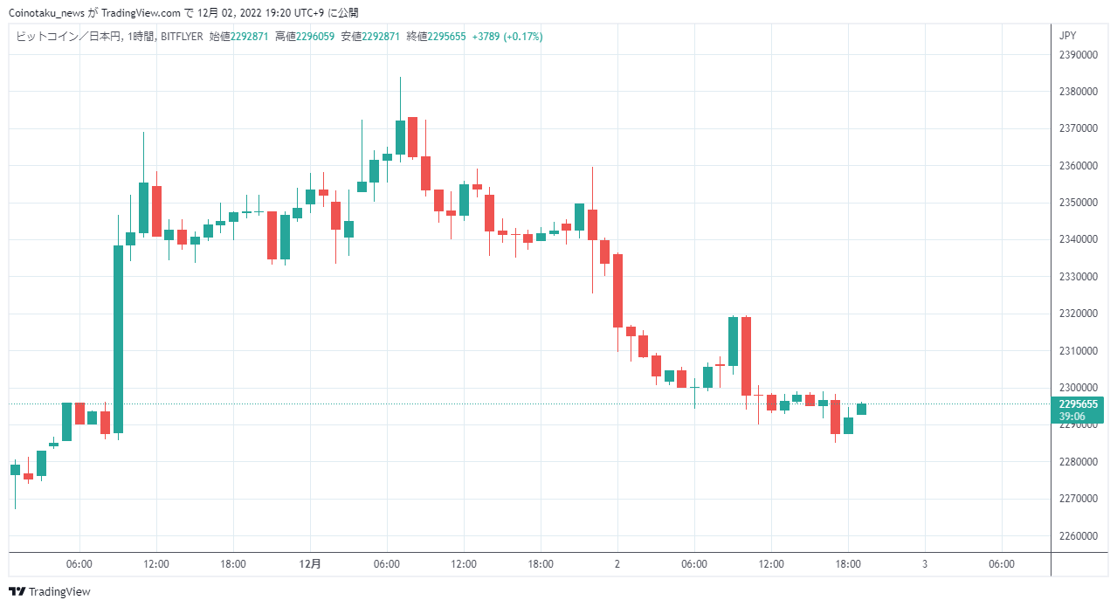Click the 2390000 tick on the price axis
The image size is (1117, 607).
(x=1078, y=55)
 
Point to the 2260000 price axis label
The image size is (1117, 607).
(x=1078, y=536)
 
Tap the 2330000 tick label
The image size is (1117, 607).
(x=1078, y=277)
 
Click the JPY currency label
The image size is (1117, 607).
(x=1067, y=36)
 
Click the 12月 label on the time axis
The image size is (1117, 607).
(x=310, y=564)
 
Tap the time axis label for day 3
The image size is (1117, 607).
(x=925, y=564)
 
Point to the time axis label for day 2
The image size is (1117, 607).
(x=617, y=564)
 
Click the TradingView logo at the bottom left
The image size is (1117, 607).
(x=50, y=592)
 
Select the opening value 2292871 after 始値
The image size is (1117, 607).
(x=249, y=37)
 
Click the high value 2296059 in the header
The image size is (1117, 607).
(x=315, y=37)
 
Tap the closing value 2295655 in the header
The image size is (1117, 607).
(x=447, y=37)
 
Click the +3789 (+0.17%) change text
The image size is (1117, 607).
(x=507, y=37)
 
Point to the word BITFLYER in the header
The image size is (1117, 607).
(x=182, y=37)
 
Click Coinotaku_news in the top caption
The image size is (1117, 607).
(x=46, y=13)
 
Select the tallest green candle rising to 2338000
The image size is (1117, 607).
(x=118, y=339)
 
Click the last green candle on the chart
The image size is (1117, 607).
(x=861, y=409)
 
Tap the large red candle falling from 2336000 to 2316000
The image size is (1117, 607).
(x=617, y=291)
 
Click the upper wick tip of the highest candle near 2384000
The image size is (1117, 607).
(x=400, y=78)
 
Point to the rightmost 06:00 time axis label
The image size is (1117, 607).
(x=1002, y=564)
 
